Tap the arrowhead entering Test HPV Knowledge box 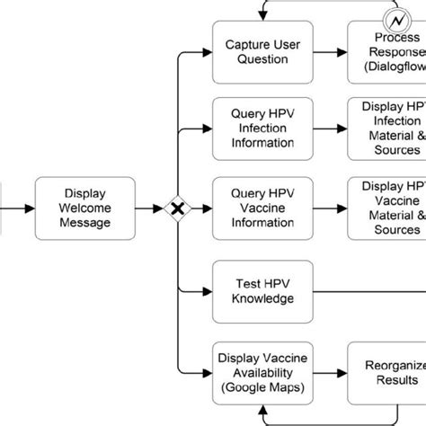(x=206, y=289)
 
